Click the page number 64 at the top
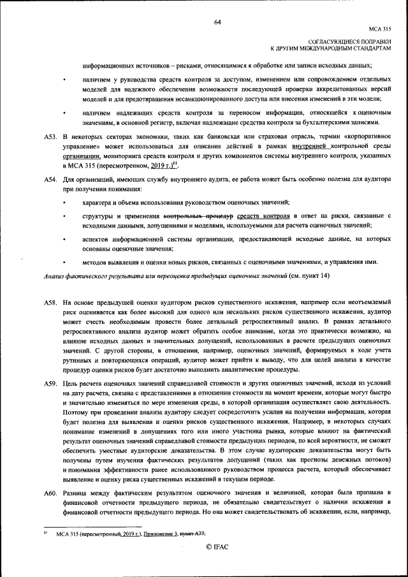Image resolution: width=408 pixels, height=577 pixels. [x=217, y=22]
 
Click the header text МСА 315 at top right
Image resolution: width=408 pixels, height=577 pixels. [x=380, y=29]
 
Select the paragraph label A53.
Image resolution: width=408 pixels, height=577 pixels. [x=50, y=137]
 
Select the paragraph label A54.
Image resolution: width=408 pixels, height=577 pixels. [x=50, y=180]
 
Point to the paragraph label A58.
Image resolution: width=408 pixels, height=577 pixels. [x=50, y=303]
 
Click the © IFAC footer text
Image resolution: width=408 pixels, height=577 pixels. [x=217, y=546]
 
